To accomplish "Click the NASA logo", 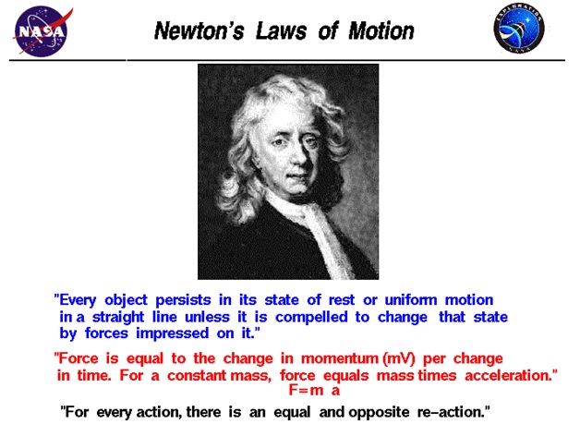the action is click(42, 31).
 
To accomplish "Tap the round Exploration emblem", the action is click(519, 29).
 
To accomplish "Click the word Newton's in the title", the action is click(199, 30).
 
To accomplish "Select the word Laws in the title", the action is click(281, 30).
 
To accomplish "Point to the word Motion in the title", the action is click(381, 30).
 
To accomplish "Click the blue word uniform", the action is click(411, 300).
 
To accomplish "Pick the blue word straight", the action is click(118, 318).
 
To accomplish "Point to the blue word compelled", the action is click(311, 318).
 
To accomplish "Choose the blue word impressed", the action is click(173, 333).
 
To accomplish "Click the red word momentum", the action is click(340, 358).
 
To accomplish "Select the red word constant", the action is click(197, 376).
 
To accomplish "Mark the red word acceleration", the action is click(508, 376).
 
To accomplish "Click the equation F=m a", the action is click(314, 390).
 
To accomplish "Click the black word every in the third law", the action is click(114, 413).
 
